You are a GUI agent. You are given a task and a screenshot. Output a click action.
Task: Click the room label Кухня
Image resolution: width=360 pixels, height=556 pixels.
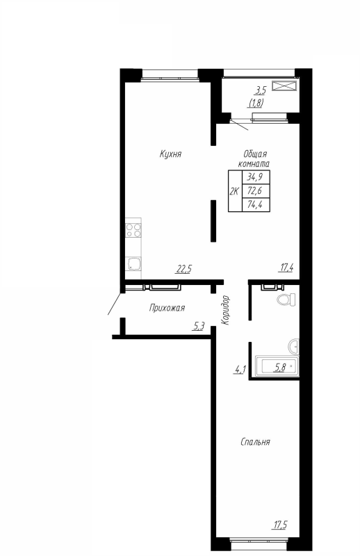pyautogui.click(x=170, y=154)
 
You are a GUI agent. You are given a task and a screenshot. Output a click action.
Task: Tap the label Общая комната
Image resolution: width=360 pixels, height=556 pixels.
pyautogui.click(x=254, y=158)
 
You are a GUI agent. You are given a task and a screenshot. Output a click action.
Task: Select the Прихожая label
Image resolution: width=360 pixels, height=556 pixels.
pyautogui.click(x=167, y=307)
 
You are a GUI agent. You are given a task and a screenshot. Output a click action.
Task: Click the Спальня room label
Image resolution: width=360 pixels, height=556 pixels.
pyautogui.click(x=255, y=441)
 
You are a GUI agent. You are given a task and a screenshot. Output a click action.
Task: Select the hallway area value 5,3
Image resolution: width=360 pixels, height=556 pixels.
pyautogui.click(x=199, y=325)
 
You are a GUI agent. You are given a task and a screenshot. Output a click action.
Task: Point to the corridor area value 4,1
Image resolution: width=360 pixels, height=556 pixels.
pyautogui.click(x=240, y=369)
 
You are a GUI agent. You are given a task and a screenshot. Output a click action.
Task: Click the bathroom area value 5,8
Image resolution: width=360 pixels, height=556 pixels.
pyautogui.click(x=281, y=366)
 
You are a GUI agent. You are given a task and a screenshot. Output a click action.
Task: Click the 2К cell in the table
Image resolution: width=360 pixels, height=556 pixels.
pyautogui.click(x=234, y=190)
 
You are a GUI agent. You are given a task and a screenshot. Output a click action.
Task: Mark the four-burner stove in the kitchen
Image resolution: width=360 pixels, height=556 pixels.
pyautogui.click(x=133, y=229)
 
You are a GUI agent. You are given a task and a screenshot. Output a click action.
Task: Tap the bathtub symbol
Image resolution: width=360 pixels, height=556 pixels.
pyautogui.click(x=277, y=366)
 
